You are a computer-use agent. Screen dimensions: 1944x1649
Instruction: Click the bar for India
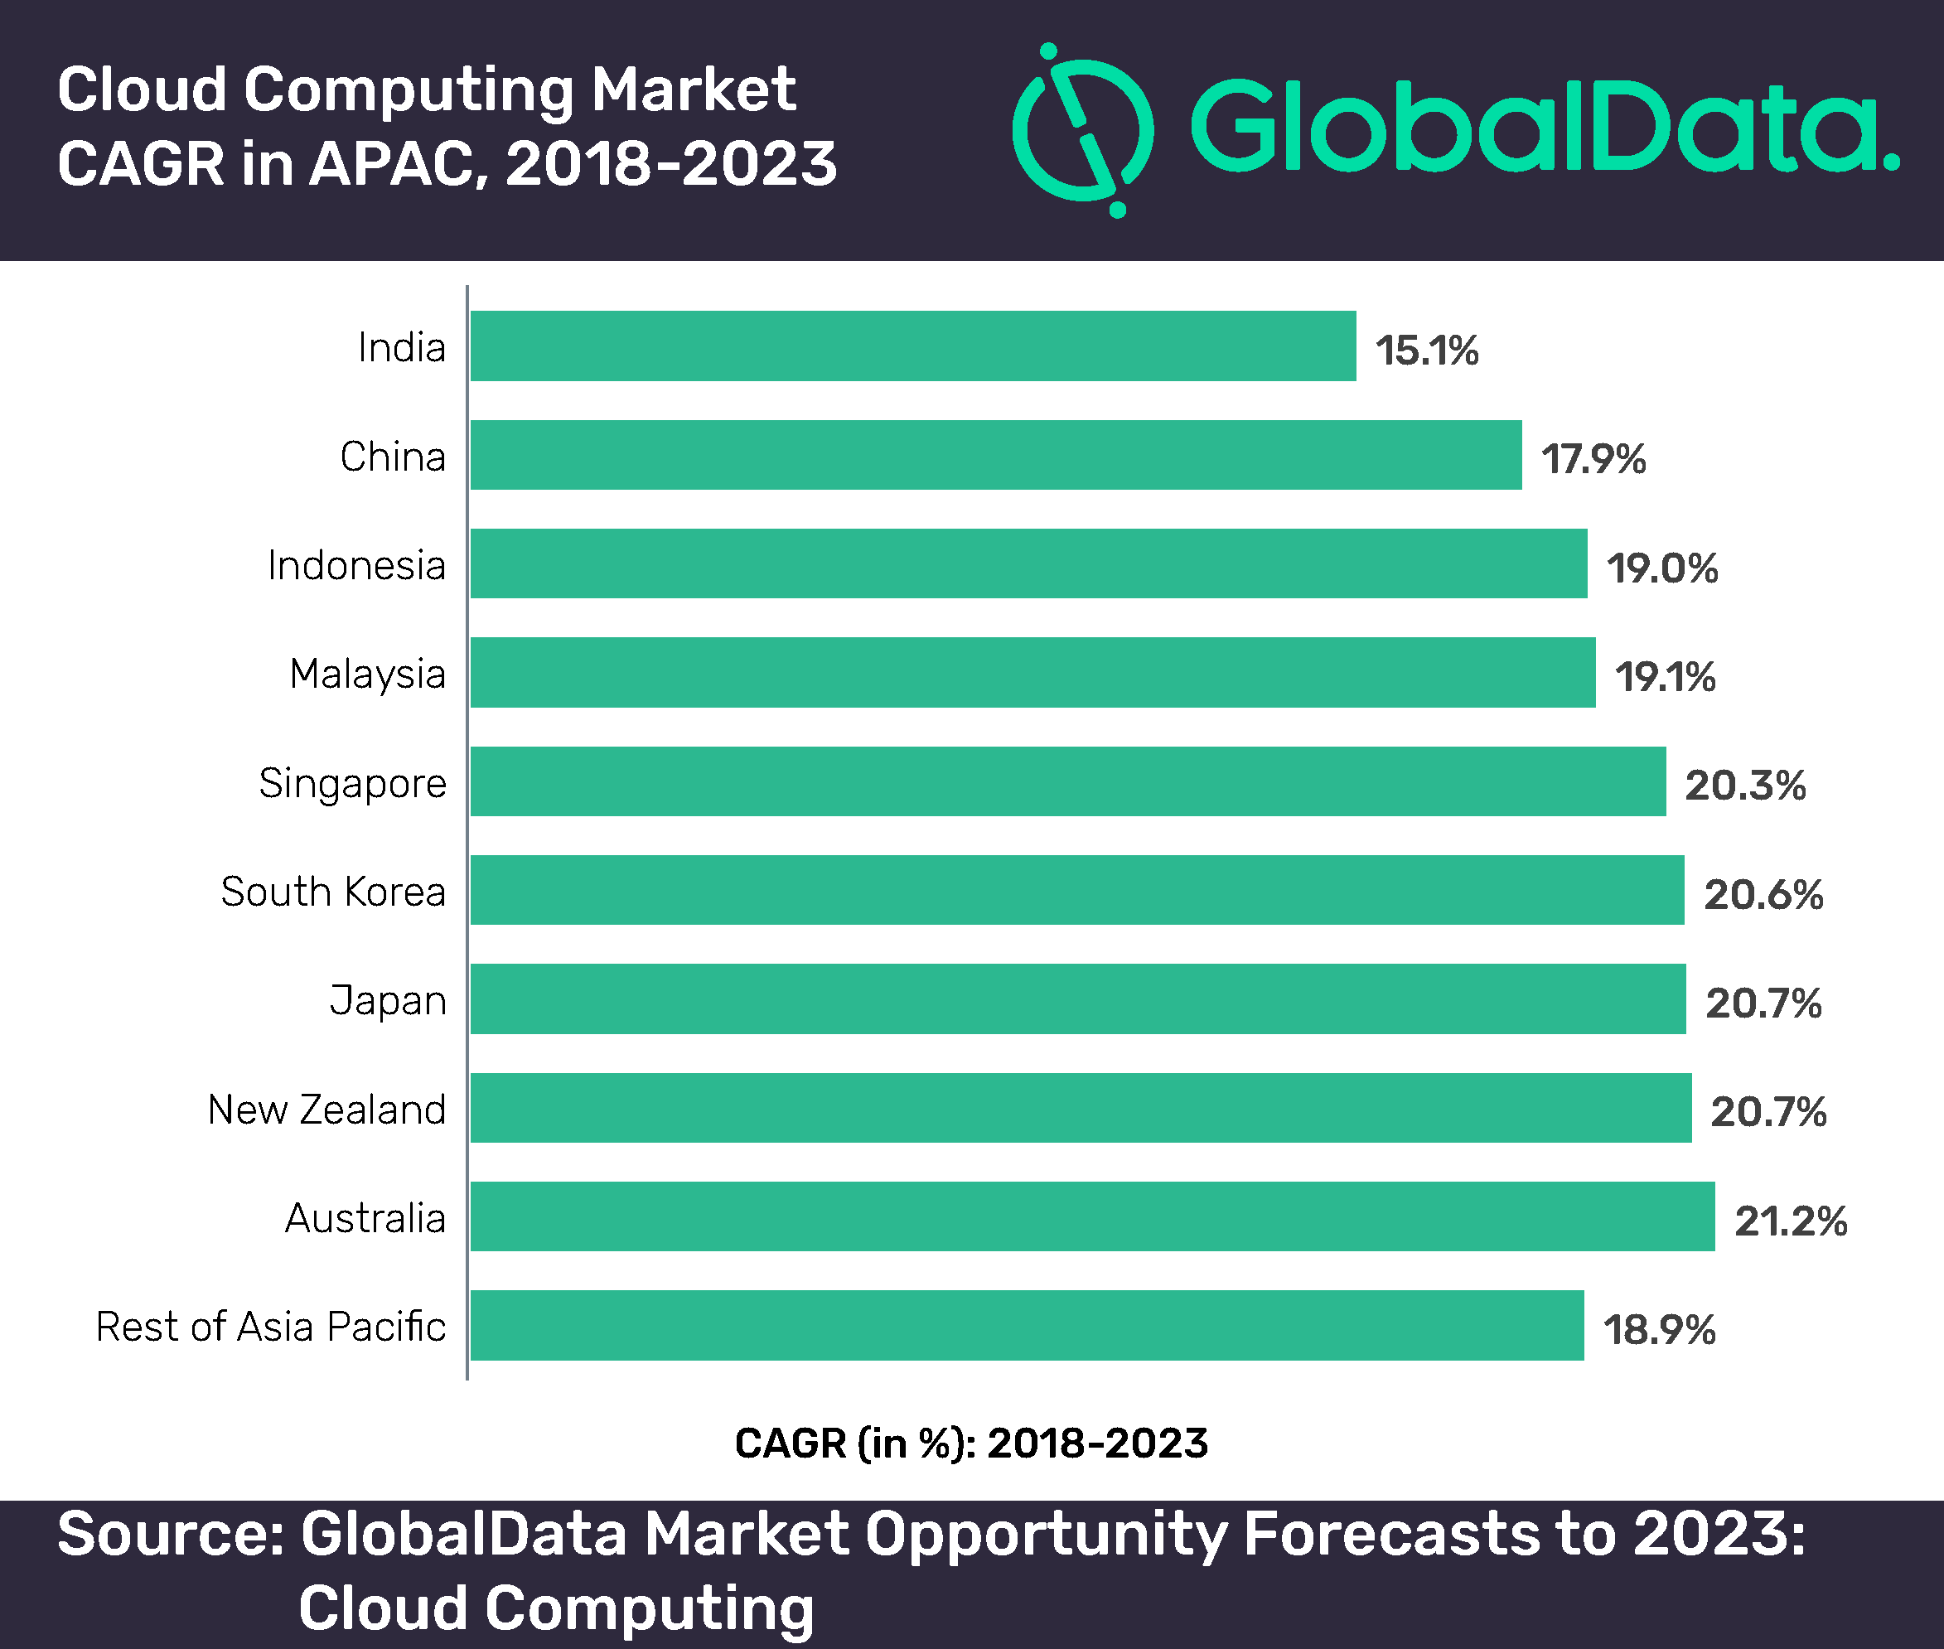coord(913,346)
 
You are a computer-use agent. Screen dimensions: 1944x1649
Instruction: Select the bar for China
coord(996,454)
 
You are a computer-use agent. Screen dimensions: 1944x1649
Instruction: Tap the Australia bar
coord(1092,1216)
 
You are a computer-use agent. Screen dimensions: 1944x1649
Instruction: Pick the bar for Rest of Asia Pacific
coord(1028,1326)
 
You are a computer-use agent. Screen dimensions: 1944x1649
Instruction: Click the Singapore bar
coord(1068,781)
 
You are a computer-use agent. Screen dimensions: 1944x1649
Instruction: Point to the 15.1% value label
coord(1427,351)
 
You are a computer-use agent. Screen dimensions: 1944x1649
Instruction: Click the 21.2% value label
coord(1791,1221)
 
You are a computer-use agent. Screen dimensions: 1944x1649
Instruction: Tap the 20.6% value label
coord(1763,895)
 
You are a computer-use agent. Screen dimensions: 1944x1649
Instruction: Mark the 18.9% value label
coord(1660,1329)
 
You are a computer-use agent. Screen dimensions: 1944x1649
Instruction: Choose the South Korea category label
coord(333,891)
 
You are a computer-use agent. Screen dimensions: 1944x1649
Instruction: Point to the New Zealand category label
coord(326,1110)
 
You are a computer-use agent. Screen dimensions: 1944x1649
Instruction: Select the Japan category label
coord(388,1001)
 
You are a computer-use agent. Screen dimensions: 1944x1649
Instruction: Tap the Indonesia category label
coord(356,566)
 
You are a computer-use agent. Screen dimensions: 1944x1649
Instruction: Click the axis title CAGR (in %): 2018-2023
coord(971,1443)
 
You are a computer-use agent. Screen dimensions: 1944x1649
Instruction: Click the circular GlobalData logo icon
coord(1084,130)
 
